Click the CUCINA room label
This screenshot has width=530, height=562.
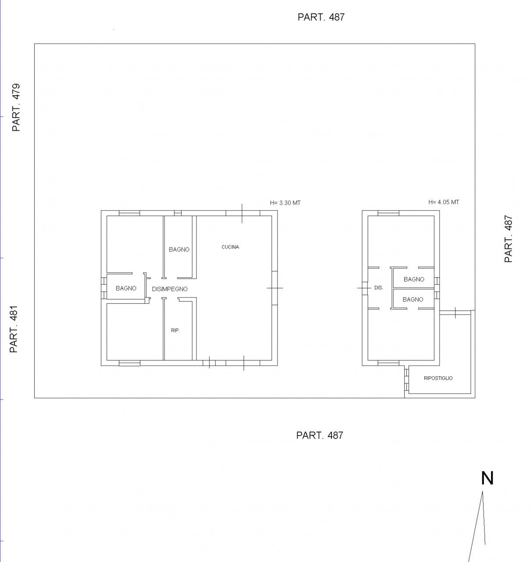point(230,247)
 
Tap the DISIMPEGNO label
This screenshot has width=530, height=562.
point(170,289)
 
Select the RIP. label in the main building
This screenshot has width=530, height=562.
point(175,330)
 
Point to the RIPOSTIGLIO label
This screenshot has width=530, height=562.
point(438,378)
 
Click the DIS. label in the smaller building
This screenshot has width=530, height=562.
point(378,288)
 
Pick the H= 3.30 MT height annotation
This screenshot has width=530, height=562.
point(285,202)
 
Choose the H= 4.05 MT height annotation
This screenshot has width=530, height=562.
point(444,202)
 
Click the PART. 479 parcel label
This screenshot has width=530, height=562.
point(16,107)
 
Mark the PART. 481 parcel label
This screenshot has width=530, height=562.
point(14,329)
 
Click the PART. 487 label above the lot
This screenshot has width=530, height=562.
point(321,17)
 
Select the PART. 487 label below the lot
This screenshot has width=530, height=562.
point(320,435)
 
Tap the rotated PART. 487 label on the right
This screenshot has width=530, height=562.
point(508,239)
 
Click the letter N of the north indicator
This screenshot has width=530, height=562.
point(487,478)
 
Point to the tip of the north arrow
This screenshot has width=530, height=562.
point(483,492)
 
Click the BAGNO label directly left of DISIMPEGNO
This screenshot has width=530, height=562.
point(126,288)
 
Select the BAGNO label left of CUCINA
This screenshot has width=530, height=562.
point(179,249)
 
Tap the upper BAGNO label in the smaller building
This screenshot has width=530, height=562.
point(414,279)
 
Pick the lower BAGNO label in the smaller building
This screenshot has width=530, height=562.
point(413,299)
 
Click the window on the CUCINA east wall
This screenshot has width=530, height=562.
point(274,288)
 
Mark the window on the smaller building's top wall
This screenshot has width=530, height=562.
point(388,213)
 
